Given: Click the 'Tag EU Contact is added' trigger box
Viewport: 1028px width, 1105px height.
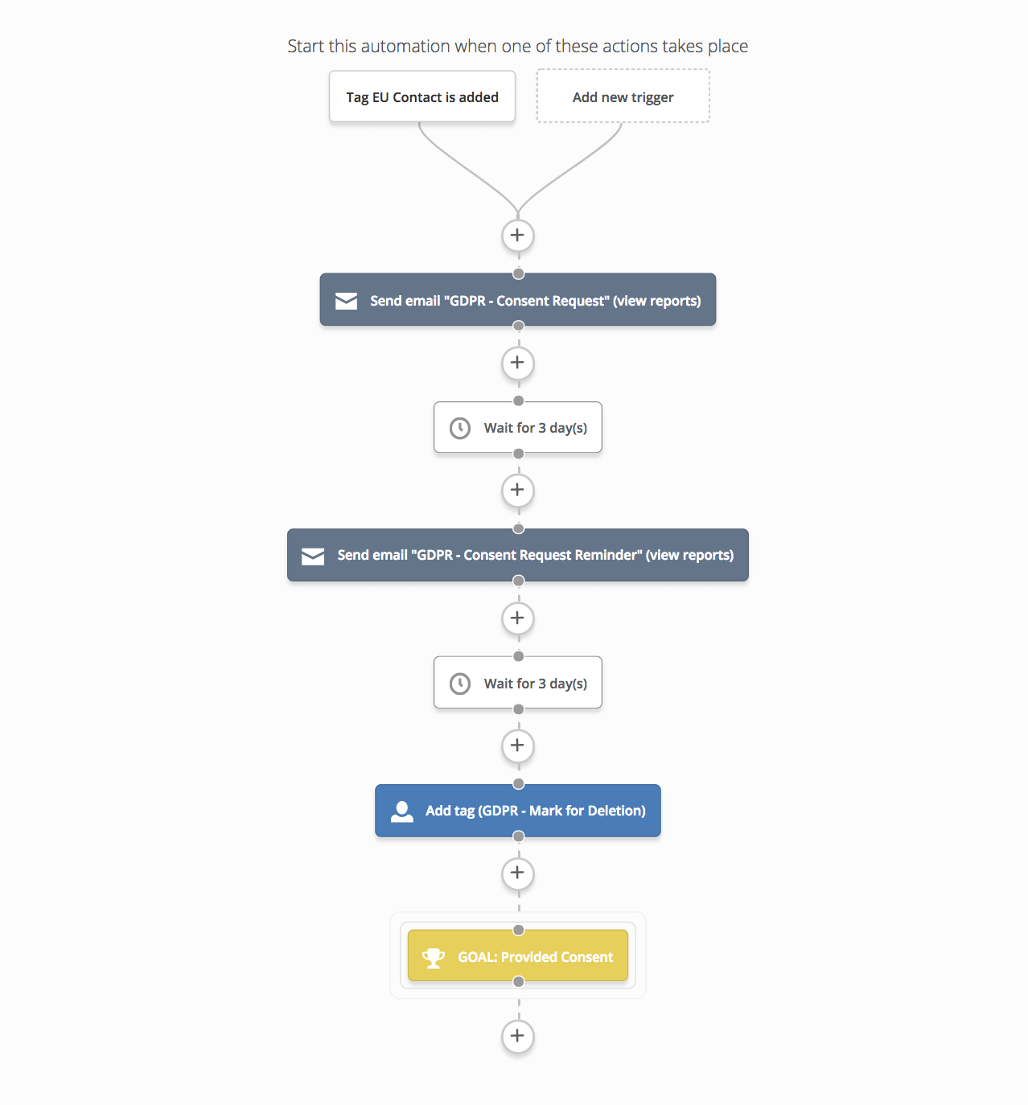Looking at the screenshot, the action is pyautogui.click(x=421, y=97).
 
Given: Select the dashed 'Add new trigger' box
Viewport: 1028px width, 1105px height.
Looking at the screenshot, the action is pyautogui.click(x=623, y=97).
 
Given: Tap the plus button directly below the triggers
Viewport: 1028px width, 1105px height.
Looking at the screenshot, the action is pyautogui.click(x=517, y=236).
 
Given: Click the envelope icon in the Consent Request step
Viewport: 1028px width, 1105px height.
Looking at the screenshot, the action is pyautogui.click(x=346, y=301).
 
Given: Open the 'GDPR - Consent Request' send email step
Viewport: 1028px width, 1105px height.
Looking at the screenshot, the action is pyautogui.click(x=517, y=300).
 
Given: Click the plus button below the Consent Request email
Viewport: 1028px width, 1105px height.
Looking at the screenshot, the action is pyautogui.click(x=517, y=363).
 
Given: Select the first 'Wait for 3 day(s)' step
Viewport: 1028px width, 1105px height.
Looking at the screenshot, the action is pyautogui.click(x=517, y=427).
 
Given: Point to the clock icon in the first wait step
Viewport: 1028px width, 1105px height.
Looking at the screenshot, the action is pyautogui.click(x=460, y=428).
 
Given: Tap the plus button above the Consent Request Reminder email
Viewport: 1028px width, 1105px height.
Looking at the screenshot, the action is pyautogui.click(x=517, y=491).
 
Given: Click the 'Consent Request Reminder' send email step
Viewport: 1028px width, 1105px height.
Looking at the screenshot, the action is pyautogui.click(x=517, y=555).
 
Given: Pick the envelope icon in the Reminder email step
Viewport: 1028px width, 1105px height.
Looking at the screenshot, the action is pyautogui.click(x=313, y=556).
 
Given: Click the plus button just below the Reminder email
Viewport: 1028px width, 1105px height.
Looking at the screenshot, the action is pyautogui.click(x=517, y=618).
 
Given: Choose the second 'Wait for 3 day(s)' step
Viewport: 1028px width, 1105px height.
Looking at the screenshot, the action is pyautogui.click(x=517, y=683).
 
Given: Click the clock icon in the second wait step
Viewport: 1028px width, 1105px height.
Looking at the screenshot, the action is pyautogui.click(x=460, y=684).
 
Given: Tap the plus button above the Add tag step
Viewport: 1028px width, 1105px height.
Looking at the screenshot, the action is pyautogui.click(x=517, y=746).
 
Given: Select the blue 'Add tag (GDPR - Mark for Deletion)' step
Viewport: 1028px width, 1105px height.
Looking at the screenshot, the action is pyautogui.click(x=517, y=811).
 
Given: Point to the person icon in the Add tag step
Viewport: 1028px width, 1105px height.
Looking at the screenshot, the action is pyautogui.click(x=402, y=811).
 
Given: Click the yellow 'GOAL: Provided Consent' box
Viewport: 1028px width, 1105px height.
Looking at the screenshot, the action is pyautogui.click(x=517, y=955).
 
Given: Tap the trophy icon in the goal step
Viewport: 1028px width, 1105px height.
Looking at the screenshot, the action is pyautogui.click(x=433, y=958).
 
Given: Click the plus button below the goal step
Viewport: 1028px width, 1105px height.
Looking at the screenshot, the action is pyautogui.click(x=517, y=1036).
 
